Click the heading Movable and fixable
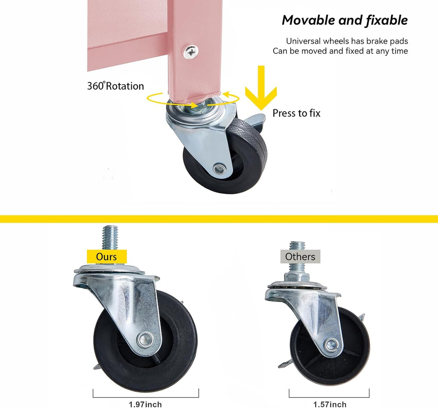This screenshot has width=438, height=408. pyautogui.click(x=345, y=21)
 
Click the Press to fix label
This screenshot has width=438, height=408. pyautogui.click(x=297, y=113)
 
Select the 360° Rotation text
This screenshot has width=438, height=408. pyautogui.click(x=115, y=86)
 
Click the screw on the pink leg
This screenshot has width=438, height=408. pyautogui.click(x=191, y=52)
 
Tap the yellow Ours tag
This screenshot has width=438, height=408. pyautogui.click(x=107, y=257)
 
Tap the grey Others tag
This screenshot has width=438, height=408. pyautogui.click(x=300, y=257)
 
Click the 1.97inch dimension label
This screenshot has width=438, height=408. pyautogui.click(x=145, y=404)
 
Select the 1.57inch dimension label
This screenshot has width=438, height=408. pyautogui.click(x=330, y=404)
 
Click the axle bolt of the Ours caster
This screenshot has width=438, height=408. pyautogui.click(x=145, y=339)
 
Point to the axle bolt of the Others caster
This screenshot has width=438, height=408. pyautogui.click(x=332, y=345)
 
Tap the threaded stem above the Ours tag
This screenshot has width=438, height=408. pyautogui.click(x=110, y=238)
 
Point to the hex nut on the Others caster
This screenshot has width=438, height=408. pyautogui.click(x=297, y=278)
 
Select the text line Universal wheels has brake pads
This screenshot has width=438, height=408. pyautogui.click(x=347, y=41)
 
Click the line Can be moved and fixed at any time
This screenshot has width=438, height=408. pyautogui.click(x=340, y=51)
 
